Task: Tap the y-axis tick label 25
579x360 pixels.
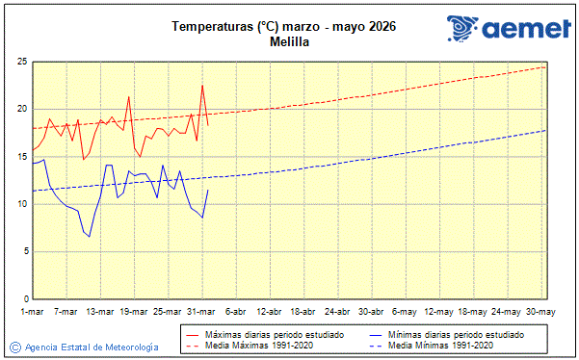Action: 21,62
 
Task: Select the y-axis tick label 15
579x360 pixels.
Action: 21,157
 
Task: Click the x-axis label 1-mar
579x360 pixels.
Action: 33,311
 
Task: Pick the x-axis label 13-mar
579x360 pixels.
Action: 100,311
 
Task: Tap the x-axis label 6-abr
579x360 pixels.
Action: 236,311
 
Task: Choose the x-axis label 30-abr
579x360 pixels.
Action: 371,311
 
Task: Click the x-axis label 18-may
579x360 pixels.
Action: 472,311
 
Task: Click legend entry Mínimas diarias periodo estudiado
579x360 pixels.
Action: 456,333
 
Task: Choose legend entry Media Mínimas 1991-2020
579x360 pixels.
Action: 441,345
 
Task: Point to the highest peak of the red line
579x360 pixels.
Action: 202,85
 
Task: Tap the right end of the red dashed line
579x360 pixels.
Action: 545,66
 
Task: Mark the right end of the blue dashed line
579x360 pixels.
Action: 545,130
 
